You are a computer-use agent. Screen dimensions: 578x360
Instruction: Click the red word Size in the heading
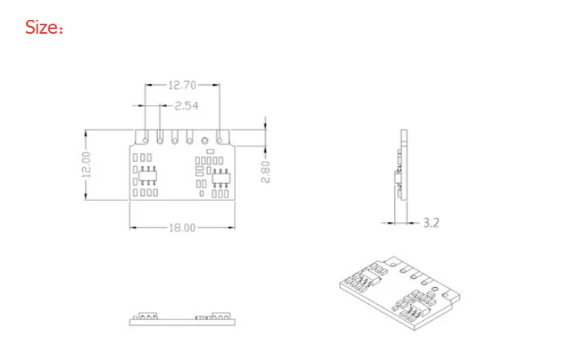pos(41,28)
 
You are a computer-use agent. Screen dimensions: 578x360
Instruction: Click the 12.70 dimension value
pos(182,85)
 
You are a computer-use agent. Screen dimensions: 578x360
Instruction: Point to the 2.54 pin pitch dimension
pos(186,106)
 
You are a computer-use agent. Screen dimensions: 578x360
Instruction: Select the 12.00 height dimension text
pos(86,165)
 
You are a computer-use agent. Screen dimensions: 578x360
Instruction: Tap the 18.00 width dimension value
pos(182,227)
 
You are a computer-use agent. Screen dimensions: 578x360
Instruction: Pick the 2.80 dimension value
pos(265,172)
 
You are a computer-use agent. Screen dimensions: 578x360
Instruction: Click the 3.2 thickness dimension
pos(431,223)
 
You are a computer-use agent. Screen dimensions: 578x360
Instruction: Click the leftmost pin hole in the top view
pos(145,140)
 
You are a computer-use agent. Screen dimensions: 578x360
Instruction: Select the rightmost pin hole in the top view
pos(219,140)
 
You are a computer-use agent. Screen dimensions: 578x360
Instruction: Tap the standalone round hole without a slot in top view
pos(205,140)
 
